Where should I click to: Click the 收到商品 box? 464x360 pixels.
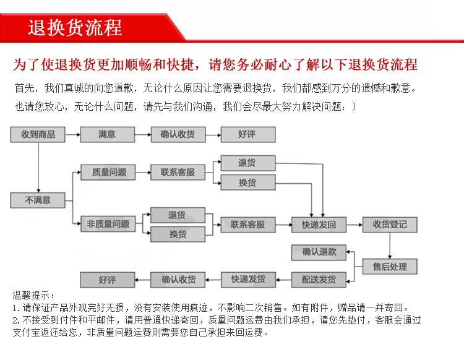[38, 134]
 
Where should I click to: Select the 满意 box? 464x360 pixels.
[107, 134]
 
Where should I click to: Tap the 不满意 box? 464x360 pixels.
[38, 200]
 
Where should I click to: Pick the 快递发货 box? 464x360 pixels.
[248, 280]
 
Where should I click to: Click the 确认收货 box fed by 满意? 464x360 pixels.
[178, 134]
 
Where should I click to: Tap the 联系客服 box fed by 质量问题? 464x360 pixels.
[178, 173]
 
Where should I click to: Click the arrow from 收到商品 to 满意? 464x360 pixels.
[72, 134]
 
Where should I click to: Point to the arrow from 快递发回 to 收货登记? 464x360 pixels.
[354, 225]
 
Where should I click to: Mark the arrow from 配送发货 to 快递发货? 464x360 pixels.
[283, 280]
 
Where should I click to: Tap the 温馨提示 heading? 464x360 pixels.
[33, 296]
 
